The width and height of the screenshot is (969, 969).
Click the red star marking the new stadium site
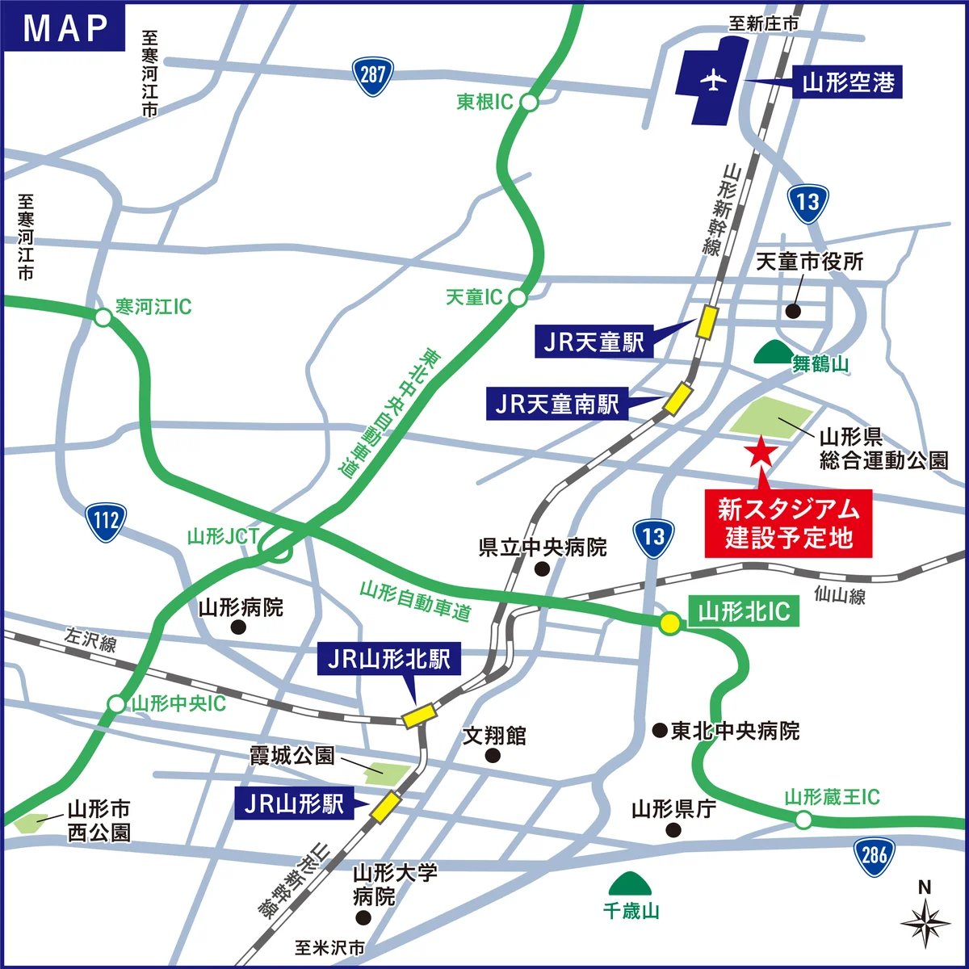(760, 452)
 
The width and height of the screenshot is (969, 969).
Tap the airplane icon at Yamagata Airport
(712, 81)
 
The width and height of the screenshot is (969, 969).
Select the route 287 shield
(372, 76)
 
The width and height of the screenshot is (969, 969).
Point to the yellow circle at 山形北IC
(669, 623)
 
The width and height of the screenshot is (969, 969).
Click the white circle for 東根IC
(529, 102)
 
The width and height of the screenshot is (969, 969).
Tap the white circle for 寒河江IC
(103, 317)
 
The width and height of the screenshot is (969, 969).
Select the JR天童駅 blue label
(594, 342)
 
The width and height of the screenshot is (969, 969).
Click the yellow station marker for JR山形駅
(385, 806)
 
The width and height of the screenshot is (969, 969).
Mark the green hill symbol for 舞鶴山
(773, 353)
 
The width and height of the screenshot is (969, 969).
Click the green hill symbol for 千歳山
(631, 884)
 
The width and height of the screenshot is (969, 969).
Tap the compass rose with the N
(925, 921)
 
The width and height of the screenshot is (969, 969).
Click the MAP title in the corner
(65, 27)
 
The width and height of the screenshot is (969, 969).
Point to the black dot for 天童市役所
(793, 310)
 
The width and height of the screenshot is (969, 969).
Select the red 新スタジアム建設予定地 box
(788, 523)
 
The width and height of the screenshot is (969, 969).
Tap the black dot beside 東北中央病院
(660, 730)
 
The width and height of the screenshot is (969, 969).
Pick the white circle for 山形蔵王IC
(803, 820)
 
